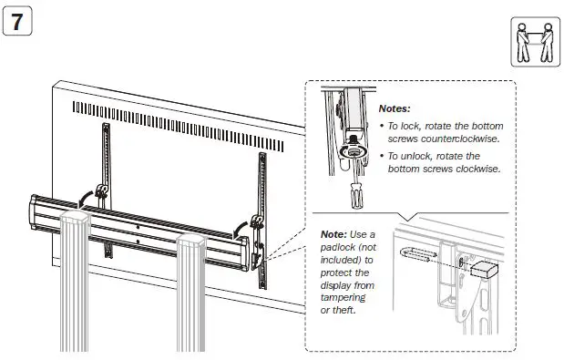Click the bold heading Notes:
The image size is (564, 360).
395,108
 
